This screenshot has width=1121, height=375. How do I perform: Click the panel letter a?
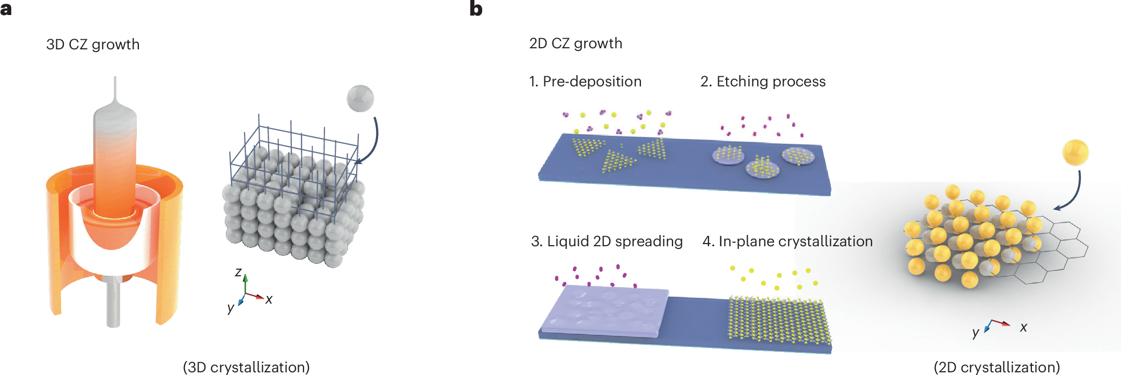coord(6,9)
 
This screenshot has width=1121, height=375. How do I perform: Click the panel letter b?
coord(476,9)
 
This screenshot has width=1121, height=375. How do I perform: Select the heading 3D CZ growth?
coord(93,44)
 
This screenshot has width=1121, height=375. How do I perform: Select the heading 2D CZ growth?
coord(576,43)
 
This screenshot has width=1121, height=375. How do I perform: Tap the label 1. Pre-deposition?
coord(585,81)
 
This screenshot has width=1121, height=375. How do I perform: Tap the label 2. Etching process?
coord(763,81)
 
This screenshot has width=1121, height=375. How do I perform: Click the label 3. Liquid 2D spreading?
coord(607,241)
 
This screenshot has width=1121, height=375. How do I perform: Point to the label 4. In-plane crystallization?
coord(787,241)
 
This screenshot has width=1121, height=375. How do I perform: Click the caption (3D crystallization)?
coord(246,367)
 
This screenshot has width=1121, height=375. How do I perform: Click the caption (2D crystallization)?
coord(997,367)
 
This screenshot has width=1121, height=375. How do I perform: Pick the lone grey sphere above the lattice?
coord(360,98)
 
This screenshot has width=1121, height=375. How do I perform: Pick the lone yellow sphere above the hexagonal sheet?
coord(1075,152)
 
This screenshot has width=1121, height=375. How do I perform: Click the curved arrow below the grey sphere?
coord(372,142)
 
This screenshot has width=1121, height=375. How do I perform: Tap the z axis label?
coord(238,272)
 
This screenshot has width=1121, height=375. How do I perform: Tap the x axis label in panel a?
coord(269,299)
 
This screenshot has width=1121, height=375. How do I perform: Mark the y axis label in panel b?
coord(976,333)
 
